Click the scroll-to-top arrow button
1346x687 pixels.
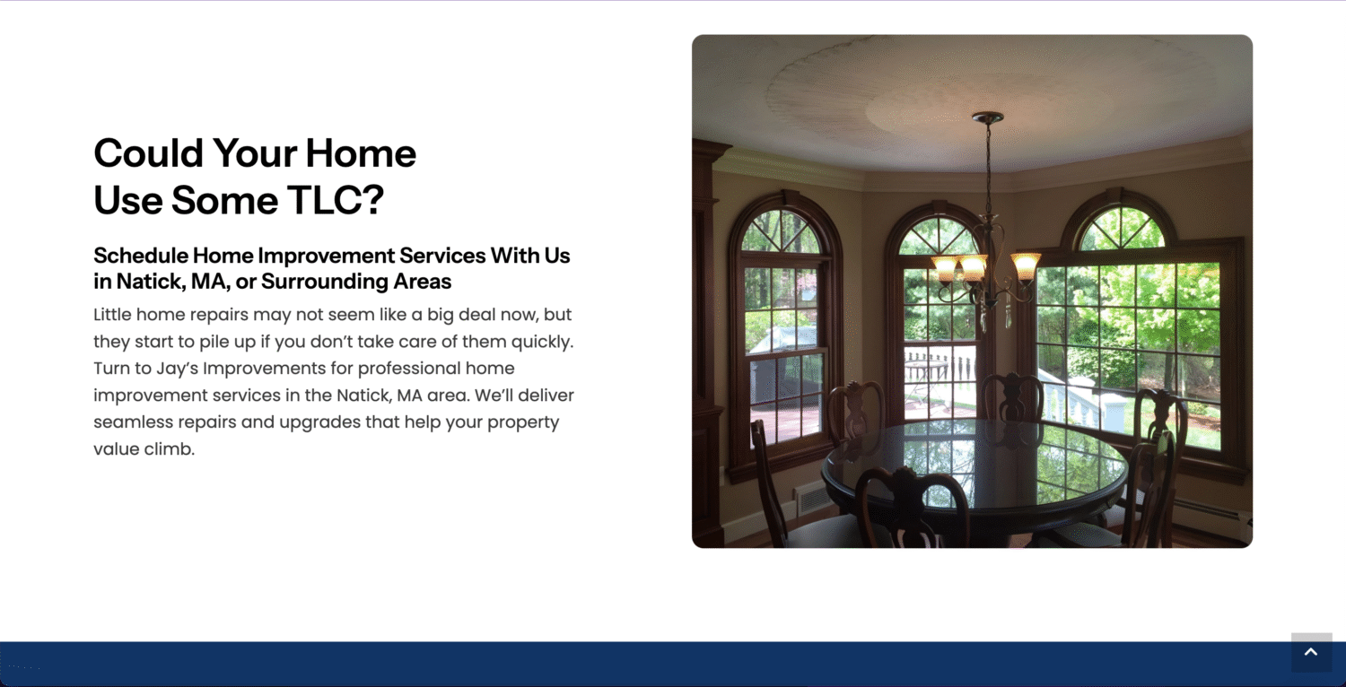(x=1311, y=652)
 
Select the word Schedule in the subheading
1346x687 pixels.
(x=141, y=256)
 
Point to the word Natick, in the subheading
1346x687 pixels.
(x=151, y=282)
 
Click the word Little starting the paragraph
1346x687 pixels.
(x=112, y=315)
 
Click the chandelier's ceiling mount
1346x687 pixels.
(x=988, y=117)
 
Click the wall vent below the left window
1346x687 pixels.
(x=813, y=499)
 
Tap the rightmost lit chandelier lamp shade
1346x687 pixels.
(x=1026, y=265)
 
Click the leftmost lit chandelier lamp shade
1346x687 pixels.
(x=945, y=268)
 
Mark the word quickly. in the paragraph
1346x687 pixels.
(x=543, y=342)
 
